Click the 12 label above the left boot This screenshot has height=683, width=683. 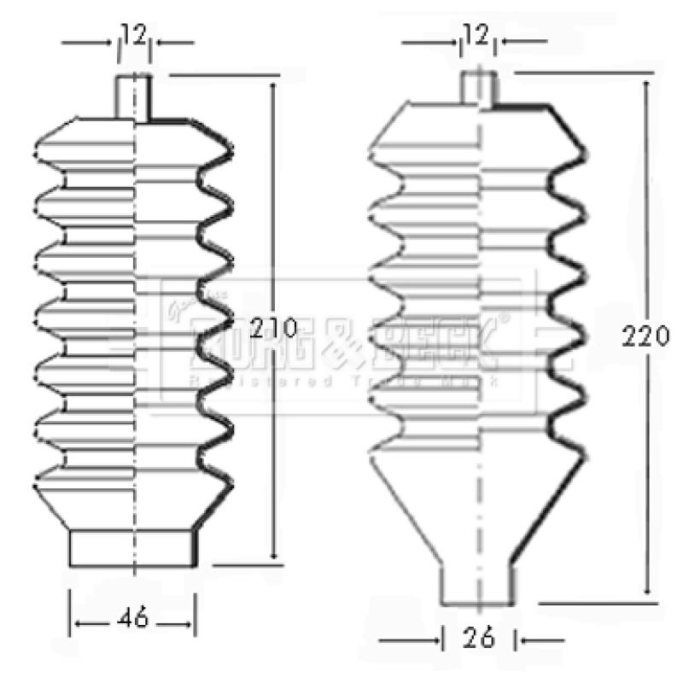pos(135,35)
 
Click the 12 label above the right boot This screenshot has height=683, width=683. pos(476,35)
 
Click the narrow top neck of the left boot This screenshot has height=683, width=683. pos(134,96)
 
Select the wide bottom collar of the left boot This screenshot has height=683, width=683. pos(133,548)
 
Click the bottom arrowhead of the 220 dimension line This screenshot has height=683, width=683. pos(646,589)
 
